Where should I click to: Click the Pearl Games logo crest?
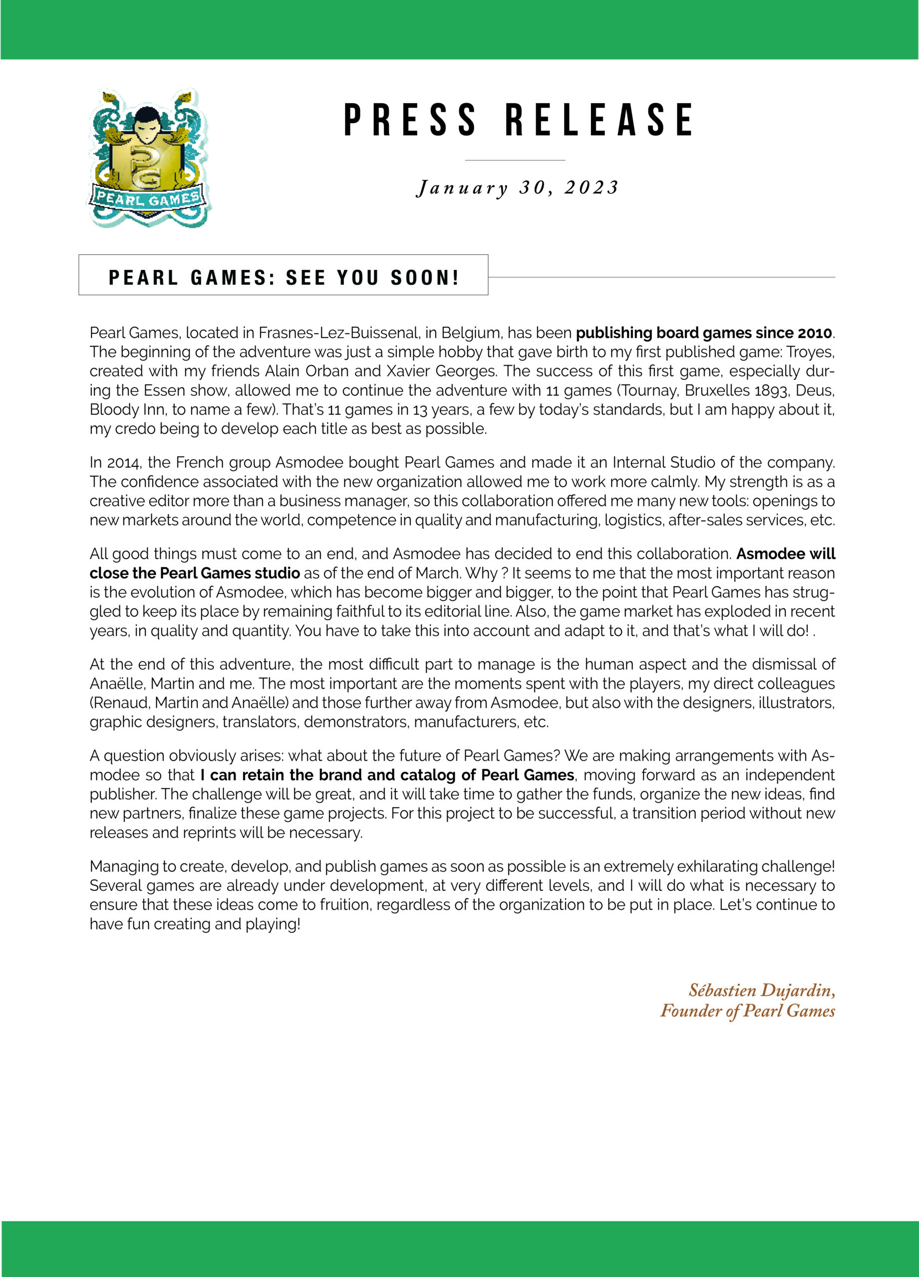point(149,158)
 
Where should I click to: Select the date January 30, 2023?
point(518,188)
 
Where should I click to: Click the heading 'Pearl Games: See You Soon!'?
point(284,277)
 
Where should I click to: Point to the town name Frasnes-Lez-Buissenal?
point(338,333)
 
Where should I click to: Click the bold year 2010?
point(815,333)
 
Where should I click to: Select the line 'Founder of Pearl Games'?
point(747,1011)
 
